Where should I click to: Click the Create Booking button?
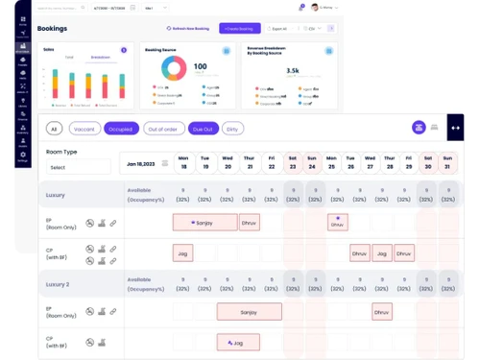(x=239, y=29)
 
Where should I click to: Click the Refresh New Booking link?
(x=188, y=29)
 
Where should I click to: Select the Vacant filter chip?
(x=84, y=129)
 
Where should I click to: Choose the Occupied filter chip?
(x=122, y=129)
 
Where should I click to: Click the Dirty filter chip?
(x=232, y=129)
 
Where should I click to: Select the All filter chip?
(x=54, y=129)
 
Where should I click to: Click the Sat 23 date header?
(x=293, y=163)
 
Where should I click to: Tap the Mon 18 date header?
(x=182, y=163)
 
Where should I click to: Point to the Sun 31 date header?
(x=446, y=163)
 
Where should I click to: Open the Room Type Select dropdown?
(x=80, y=167)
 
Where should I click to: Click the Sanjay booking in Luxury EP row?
(x=204, y=223)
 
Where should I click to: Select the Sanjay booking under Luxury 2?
(x=249, y=312)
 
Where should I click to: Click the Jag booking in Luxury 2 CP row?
(x=237, y=342)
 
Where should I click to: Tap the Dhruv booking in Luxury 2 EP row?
(x=382, y=312)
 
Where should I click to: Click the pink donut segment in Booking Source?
(x=167, y=68)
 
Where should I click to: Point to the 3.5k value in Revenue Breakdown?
(x=292, y=70)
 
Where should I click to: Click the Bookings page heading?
(x=52, y=29)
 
